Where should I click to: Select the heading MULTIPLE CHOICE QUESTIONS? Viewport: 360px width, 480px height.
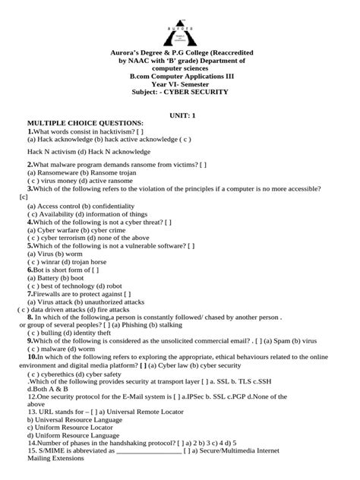point(84,122)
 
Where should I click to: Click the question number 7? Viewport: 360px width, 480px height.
point(30,293)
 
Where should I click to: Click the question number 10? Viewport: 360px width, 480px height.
point(32,356)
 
